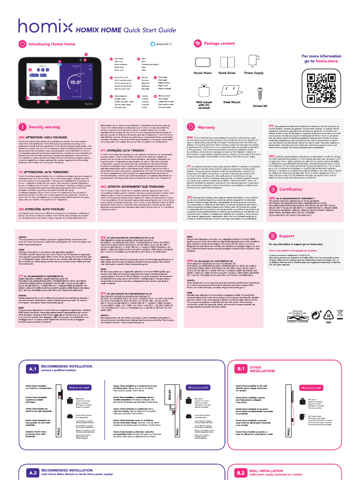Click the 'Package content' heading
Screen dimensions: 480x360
click(x=219, y=44)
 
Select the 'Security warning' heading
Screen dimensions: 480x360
click(x=44, y=127)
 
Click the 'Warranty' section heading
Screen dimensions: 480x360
click(x=206, y=127)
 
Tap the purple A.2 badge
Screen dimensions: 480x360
click(x=32, y=472)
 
